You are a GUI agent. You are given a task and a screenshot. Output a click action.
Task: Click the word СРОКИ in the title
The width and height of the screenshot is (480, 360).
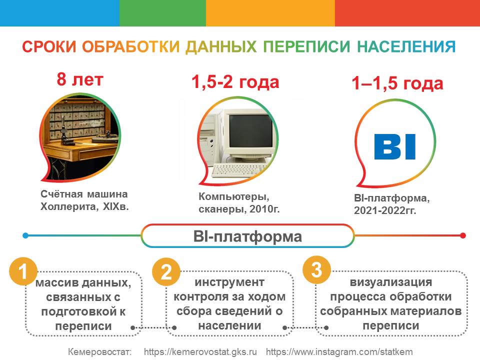tap(49, 47)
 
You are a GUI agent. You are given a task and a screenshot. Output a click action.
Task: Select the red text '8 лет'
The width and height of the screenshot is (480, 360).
tap(80, 79)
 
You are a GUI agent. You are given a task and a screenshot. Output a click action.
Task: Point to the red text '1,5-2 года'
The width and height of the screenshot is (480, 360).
tap(235, 82)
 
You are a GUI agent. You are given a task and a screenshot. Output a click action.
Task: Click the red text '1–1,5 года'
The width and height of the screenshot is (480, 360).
tap(397, 83)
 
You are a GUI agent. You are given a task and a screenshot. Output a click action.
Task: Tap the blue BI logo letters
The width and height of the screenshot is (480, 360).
tap(395, 146)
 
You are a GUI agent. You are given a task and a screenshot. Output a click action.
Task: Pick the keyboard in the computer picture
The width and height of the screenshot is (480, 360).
tap(239, 170)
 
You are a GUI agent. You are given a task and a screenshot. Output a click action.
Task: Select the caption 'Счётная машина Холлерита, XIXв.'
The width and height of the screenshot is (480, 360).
tap(84, 200)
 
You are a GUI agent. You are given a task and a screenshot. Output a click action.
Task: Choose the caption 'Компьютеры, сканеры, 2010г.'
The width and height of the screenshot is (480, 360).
tap(239, 202)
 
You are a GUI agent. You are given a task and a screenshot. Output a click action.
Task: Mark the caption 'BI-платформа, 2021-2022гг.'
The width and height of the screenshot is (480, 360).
tap(392, 204)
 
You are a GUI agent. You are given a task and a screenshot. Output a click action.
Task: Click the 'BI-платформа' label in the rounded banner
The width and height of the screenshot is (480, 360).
tap(247, 236)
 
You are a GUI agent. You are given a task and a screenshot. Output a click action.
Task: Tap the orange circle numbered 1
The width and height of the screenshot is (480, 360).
tap(23, 271)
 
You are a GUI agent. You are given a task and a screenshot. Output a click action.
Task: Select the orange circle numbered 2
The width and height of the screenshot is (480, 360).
tap(166, 271)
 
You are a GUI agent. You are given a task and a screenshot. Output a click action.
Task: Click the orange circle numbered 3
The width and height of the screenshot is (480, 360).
tap(316, 269)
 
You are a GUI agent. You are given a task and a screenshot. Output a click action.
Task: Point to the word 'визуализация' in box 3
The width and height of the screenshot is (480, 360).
tap(391, 282)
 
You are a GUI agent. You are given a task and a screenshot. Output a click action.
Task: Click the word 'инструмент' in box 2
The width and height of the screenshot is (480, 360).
tap(229, 282)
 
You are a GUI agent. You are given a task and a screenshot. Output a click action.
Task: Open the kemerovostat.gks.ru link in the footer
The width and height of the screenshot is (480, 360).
tap(200, 351)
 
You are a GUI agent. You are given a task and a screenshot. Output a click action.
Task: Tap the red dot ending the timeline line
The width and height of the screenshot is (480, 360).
tap(463, 235)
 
